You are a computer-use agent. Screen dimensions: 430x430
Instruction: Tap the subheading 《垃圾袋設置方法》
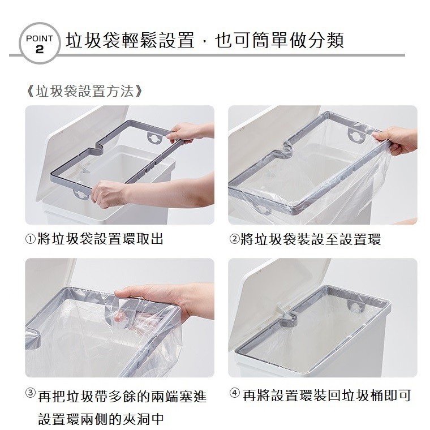83,91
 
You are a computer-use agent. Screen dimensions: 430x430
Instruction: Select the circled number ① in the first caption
31,239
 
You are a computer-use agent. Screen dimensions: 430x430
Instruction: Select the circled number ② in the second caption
234,239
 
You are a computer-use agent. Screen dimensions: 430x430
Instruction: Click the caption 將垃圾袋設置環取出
100,239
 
